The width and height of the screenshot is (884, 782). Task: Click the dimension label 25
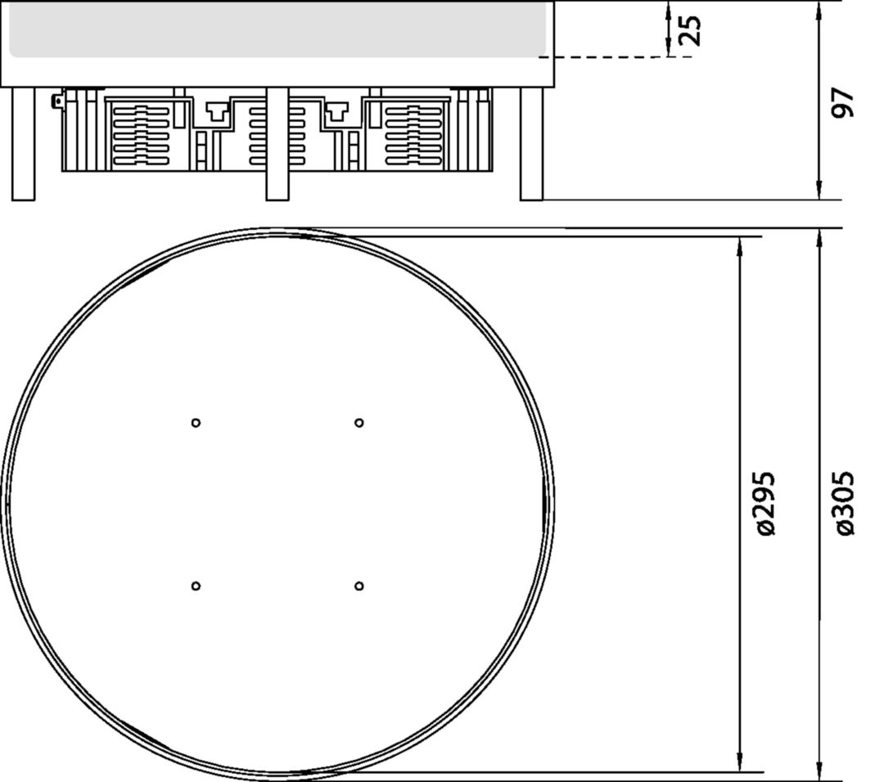point(690,30)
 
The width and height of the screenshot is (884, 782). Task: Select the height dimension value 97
point(842,102)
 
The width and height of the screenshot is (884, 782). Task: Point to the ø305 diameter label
point(843,504)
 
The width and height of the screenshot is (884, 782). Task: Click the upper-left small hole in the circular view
point(196,423)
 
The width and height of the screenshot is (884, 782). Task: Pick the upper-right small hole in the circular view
point(359,423)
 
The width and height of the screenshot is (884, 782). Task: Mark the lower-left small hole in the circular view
point(196,586)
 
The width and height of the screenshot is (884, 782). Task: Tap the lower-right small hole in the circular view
point(359,586)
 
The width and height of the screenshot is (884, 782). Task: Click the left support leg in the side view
point(23,144)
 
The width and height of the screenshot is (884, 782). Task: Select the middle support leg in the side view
point(277,144)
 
